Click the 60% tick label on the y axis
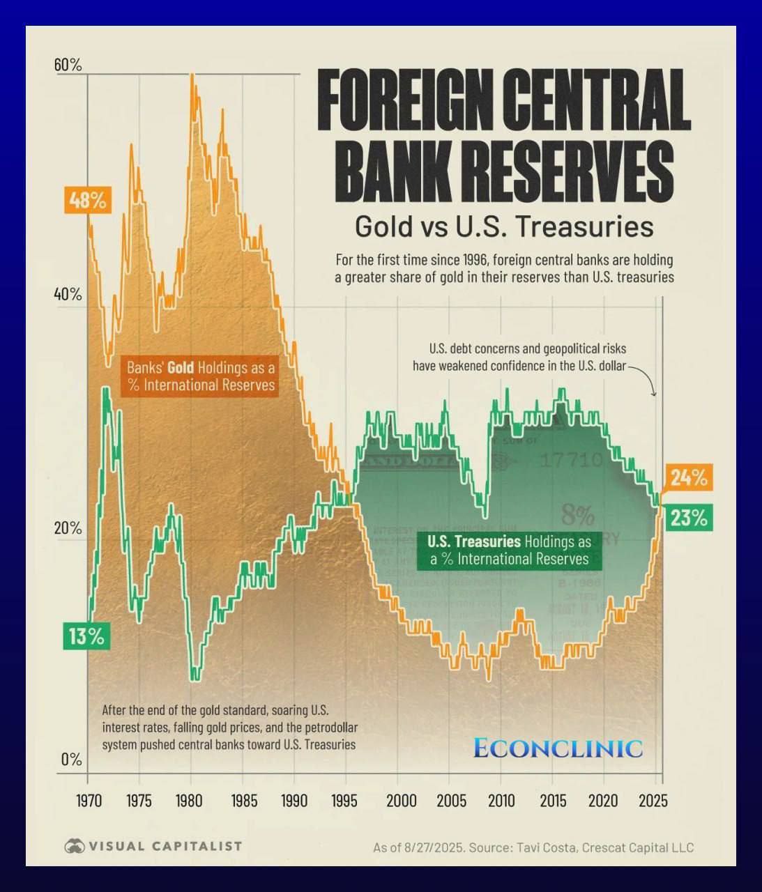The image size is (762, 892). click(x=68, y=65)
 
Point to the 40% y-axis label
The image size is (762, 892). click(x=68, y=294)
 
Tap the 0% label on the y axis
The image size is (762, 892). click(x=71, y=759)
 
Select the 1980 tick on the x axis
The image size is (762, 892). click(x=190, y=800)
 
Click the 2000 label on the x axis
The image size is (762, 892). click(x=397, y=800)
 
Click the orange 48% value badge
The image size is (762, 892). click(x=87, y=201)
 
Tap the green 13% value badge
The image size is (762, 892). click(x=86, y=636)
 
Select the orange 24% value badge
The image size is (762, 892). click(x=689, y=478)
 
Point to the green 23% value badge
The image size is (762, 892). click(x=689, y=518)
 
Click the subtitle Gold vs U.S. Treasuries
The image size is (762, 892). click(x=503, y=227)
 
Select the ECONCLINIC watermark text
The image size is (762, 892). click(x=558, y=748)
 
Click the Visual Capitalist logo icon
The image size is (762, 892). click(x=74, y=846)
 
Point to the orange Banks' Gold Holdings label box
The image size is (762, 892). click(x=201, y=376)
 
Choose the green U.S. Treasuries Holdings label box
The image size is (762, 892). click(x=509, y=550)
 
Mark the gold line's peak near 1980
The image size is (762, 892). click(x=192, y=75)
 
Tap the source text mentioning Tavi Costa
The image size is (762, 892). click(x=533, y=847)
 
